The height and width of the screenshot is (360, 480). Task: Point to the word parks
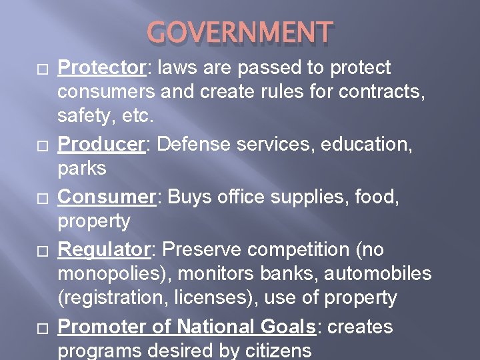click(x=82, y=168)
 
